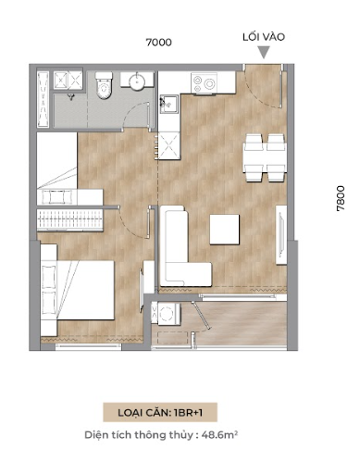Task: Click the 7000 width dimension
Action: pos(158,42)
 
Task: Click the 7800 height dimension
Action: pos(341,198)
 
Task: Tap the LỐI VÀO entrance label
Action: pos(264,37)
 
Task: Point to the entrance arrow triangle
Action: pos(264,52)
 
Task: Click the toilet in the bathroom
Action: pos(104,85)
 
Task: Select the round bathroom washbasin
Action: pos(137,81)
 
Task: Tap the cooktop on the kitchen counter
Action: pos(204,82)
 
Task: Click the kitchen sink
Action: pos(168,105)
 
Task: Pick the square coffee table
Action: pos(225,230)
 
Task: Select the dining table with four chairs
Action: pos(265,157)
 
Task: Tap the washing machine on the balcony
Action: pos(166,313)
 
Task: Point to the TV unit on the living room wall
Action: pos(281,234)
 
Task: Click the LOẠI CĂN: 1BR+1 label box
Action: pos(160,412)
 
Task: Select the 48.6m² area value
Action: pos(219,435)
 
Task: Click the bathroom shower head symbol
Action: pos(71,97)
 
